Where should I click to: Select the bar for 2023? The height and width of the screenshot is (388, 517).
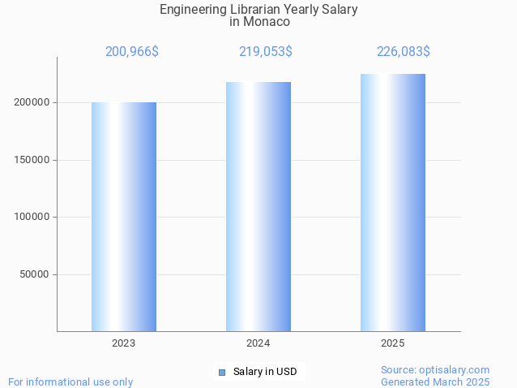coord(124,217)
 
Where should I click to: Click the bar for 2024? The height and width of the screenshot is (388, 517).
coord(258,206)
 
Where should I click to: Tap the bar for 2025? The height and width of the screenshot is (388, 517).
coord(393,203)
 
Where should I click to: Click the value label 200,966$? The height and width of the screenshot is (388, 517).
coord(132,51)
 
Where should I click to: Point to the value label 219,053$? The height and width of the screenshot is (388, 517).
coord(266,51)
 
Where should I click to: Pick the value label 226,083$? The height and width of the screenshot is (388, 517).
coord(404,51)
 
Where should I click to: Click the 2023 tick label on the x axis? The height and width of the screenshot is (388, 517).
coord(124,343)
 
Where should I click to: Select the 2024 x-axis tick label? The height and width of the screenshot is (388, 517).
coord(258,343)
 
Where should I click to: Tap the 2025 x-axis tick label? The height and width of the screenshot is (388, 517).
coord(393,343)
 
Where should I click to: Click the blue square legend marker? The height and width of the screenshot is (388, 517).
coord(221,372)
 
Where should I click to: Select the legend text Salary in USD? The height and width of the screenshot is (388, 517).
coord(265,372)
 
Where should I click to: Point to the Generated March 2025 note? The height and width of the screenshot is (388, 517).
coord(435,382)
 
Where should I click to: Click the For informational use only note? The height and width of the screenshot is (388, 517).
coord(70,382)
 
